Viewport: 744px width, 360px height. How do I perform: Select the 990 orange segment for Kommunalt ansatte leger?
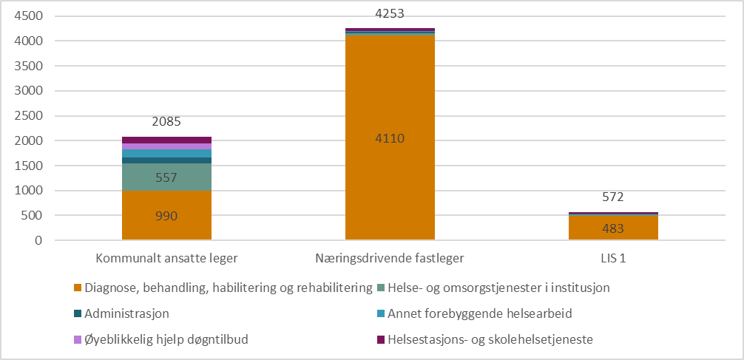tap(166, 215)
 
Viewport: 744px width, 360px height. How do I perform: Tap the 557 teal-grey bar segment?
tap(166, 177)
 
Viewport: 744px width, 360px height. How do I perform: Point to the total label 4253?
tap(390, 13)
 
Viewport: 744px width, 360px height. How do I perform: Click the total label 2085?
tap(166, 122)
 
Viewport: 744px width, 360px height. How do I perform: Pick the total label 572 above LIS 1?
tap(613, 197)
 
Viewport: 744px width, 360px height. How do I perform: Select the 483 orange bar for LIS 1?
tap(613, 228)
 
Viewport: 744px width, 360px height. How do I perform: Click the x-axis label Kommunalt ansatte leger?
tap(166, 259)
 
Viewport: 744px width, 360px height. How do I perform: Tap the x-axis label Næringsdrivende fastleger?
tap(390, 259)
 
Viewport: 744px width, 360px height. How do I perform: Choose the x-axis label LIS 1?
tap(613, 259)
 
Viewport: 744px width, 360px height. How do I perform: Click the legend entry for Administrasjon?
tap(126, 313)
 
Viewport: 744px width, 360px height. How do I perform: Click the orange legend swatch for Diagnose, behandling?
tap(77, 288)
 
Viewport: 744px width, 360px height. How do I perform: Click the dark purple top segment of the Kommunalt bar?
tap(166, 140)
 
